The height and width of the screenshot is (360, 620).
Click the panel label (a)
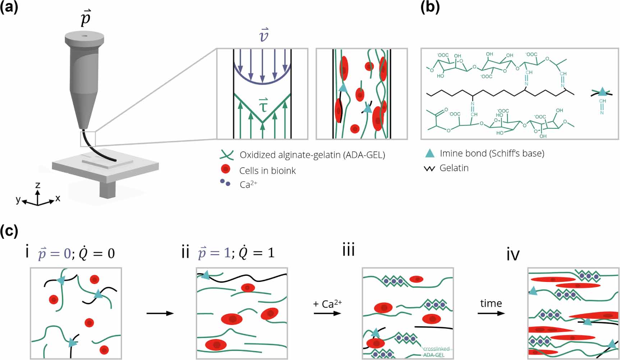[x=9, y=8]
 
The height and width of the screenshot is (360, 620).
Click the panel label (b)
[x=430, y=8]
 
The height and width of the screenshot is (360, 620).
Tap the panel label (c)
[x=9, y=231]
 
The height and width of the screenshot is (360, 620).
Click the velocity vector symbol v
[x=264, y=35]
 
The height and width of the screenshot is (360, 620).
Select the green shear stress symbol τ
[x=263, y=105]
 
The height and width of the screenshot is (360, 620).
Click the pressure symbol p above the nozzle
[x=85, y=18]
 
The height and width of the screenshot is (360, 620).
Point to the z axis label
[x=38, y=185]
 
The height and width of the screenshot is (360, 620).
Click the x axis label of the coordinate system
[x=58, y=198]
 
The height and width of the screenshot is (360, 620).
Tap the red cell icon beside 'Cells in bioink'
[x=226, y=169]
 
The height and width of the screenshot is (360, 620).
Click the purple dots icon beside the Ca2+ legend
[x=225, y=183]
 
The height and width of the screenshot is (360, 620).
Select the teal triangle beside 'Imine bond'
[x=430, y=154]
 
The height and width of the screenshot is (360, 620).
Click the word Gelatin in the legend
[x=454, y=168]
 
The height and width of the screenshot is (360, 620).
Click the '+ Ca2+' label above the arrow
[x=327, y=304]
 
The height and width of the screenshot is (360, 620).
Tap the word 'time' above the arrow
[x=491, y=304]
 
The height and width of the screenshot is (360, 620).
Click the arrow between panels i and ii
[x=160, y=313]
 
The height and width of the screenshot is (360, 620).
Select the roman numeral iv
[x=513, y=255]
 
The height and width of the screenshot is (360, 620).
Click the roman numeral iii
[x=349, y=250]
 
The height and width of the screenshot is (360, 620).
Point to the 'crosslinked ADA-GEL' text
[x=436, y=352]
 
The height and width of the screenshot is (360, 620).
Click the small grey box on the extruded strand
[x=88, y=139]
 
